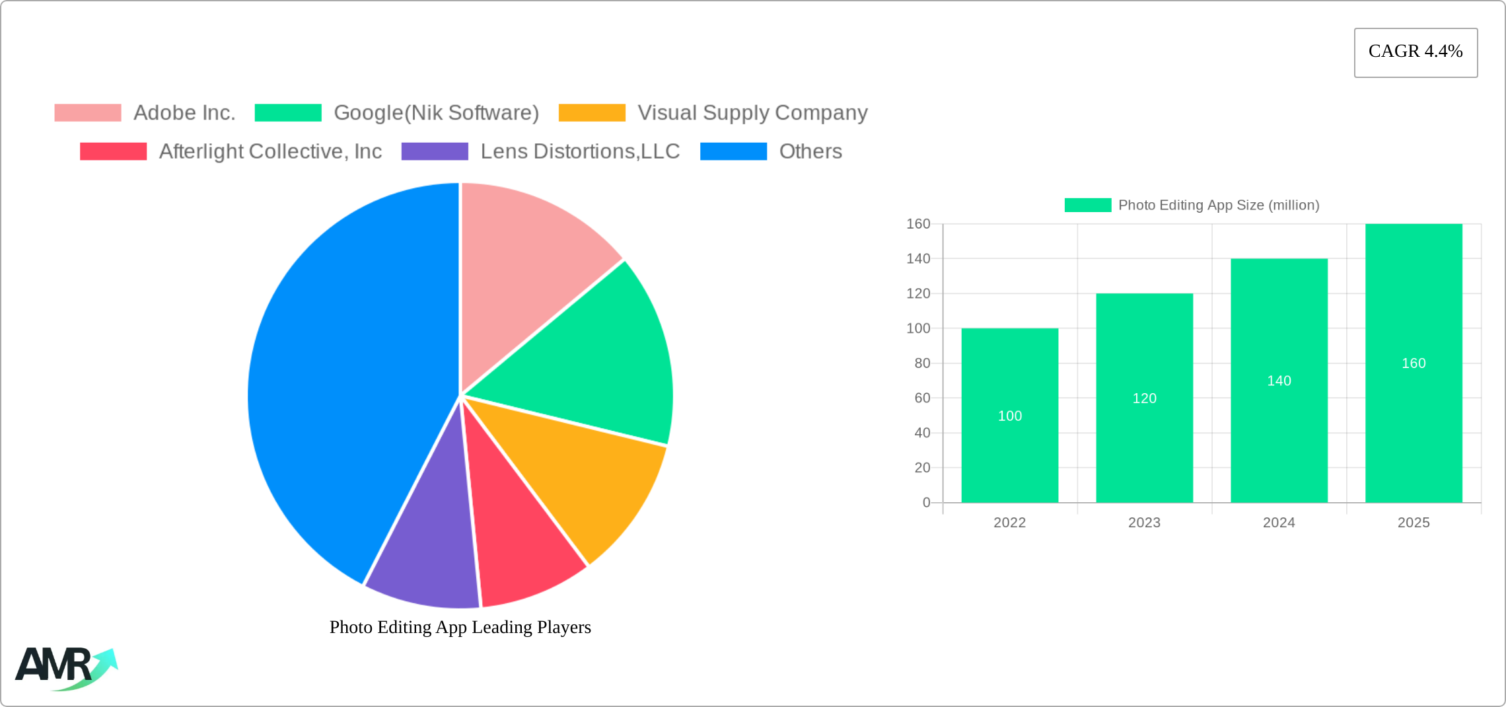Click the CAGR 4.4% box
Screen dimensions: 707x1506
pyautogui.click(x=1416, y=52)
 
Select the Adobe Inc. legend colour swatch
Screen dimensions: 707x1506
pyautogui.click(x=88, y=113)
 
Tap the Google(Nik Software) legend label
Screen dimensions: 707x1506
pyautogui.click(x=436, y=113)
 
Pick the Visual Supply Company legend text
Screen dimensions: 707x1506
pyautogui.click(x=752, y=113)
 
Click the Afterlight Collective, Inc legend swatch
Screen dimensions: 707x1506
pyautogui.click(x=113, y=151)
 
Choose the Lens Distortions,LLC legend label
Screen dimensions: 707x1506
pyautogui.click(x=580, y=151)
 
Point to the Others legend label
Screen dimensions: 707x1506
pyautogui.click(x=810, y=151)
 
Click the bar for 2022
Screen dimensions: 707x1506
pyautogui.click(x=1009, y=449)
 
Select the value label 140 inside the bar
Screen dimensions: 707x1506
pyautogui.click(x=1279, y=381)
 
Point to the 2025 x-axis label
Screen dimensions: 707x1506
pyautogui.click(x=1414, y=523)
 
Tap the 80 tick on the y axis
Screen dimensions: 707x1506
pyautogui.click(x=922, y=363)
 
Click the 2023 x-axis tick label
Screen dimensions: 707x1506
pyautogui.click(x=1144, y=523)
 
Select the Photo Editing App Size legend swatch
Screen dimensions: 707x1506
pyautogui.click(x=1087, y=205)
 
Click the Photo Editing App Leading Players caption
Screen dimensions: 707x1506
pyautogui.click(x=460, y=627)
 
